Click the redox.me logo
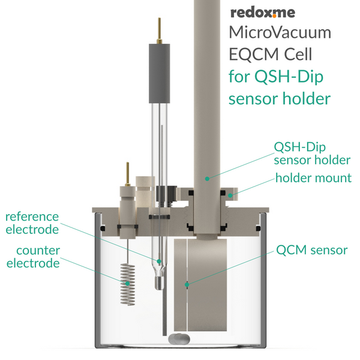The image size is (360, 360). coord(263,13)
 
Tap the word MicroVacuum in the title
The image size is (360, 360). coord(280,32)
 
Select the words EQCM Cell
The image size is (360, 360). coord(271,54)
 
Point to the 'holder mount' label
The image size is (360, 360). coord(313,178)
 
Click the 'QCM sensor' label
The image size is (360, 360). coord(312,250)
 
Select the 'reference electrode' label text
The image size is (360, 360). coord(32,223)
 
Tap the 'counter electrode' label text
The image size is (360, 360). coord(34,257)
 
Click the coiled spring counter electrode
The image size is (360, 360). coord(128,284)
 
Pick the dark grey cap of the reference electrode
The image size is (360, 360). coord(160,73)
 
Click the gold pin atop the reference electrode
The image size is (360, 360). coord(160,31)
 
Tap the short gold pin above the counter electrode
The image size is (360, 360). coord(127,174)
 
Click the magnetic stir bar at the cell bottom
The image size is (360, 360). coord(179,339)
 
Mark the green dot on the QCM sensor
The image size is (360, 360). coord(187,284)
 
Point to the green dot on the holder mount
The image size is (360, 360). coord(230,196)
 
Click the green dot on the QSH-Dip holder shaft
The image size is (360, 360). coord(207,179)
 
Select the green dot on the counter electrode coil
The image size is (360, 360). coord(127,283)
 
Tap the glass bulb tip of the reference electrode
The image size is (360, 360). coord(159,283)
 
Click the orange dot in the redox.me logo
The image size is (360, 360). coord(274,16)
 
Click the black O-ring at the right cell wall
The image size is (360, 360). coord(258,229)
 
